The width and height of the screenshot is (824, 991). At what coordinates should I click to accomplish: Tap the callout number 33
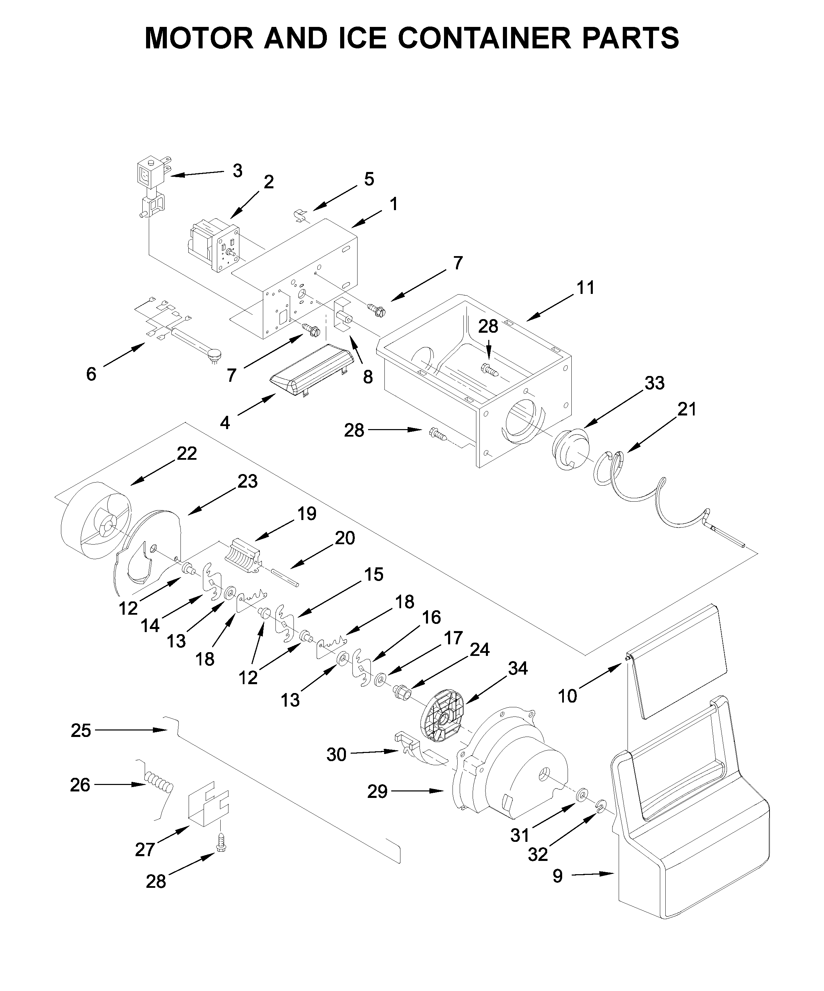point(654,383)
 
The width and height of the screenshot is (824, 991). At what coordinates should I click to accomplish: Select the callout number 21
point(687,409)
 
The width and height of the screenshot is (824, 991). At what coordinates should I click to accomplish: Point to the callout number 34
point(517,668)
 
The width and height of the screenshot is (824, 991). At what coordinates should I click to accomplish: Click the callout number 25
point(81,730)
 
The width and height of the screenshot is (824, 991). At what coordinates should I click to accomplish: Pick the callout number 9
point(557,876)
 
